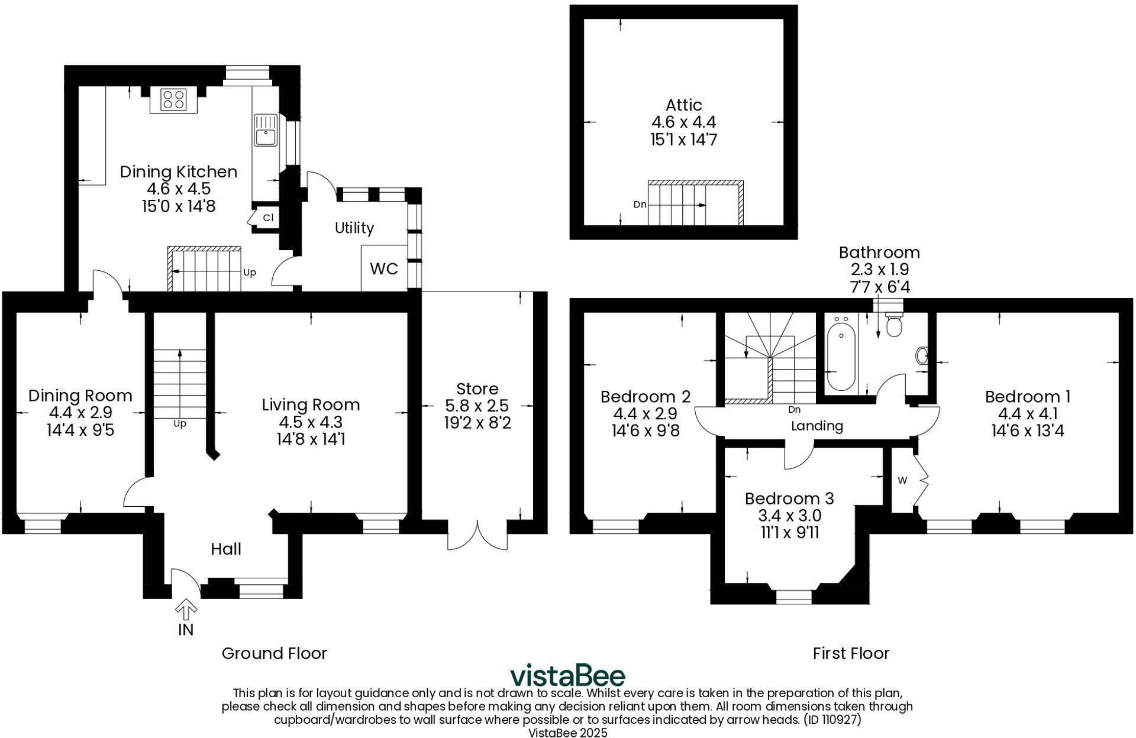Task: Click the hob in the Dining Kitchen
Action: (173, 100)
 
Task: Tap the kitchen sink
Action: (266, 131)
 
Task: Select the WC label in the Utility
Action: (384, 269)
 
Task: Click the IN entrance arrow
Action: (186, 610)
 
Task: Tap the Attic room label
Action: (684, 105)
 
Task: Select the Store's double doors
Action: (477, 535)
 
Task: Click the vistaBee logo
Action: (567, 675)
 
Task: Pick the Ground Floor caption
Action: (274, 653)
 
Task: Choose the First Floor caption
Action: (851, 653)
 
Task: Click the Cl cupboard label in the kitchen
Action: (268, 218)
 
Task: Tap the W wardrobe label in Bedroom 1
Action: (902, 481)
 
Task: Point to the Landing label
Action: (817, 426)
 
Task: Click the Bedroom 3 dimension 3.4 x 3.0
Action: (789, 516)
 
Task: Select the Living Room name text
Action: (311, 405)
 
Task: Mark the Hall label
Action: (226, 549)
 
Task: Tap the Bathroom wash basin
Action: (922, 356)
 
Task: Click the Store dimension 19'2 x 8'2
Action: (477, 423)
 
